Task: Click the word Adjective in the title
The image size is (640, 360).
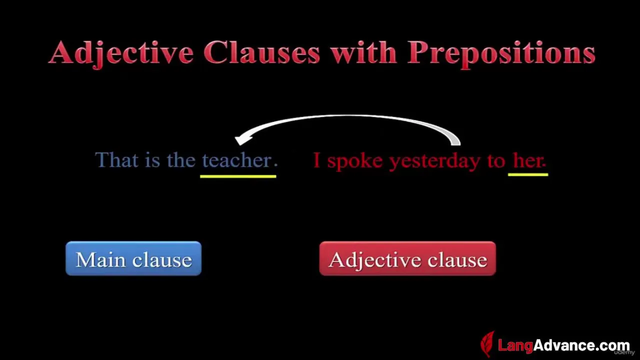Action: [121, 53]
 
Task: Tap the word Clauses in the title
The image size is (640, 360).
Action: [261, 52]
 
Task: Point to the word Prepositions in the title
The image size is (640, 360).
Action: [501, 54]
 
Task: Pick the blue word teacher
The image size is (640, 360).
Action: [237, 160]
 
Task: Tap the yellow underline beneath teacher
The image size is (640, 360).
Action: [238, 176]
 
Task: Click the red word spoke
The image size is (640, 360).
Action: [355, 161]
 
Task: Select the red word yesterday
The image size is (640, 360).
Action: [435, 161]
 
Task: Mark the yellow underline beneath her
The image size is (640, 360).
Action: [528, 174]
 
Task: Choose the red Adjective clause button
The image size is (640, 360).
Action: [407, 258]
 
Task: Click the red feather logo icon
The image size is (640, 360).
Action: [487, 344]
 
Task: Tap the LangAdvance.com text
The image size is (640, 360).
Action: [563, 345]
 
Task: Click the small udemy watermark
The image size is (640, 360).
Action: [624, 353]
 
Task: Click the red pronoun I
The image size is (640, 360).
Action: [316, 160]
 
